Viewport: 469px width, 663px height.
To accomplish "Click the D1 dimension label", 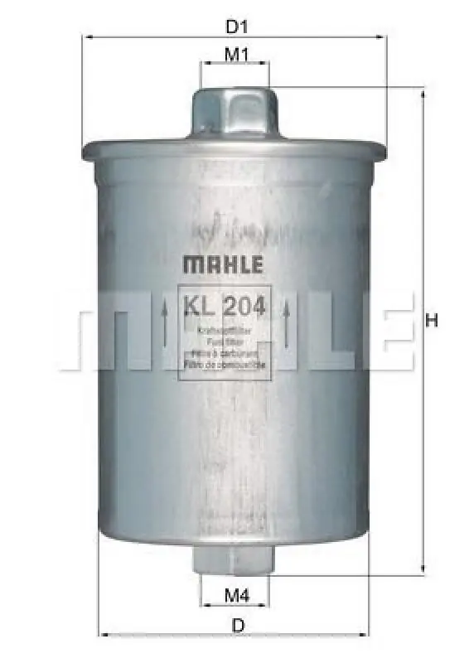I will pyautogui.click(x=237, y=26).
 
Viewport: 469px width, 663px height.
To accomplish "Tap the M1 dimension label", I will pyautogui.click(x=237, y=56).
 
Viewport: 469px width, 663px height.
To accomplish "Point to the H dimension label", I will pyautogui.click(x=431, y=322).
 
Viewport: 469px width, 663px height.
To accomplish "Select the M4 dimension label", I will pyautogui.click(x=238, y=594).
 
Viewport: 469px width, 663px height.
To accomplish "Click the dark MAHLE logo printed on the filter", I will pyautogui.click(x=222, y=266).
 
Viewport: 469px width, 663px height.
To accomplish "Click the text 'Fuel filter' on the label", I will pyautogui.click(x=225, y=341).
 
